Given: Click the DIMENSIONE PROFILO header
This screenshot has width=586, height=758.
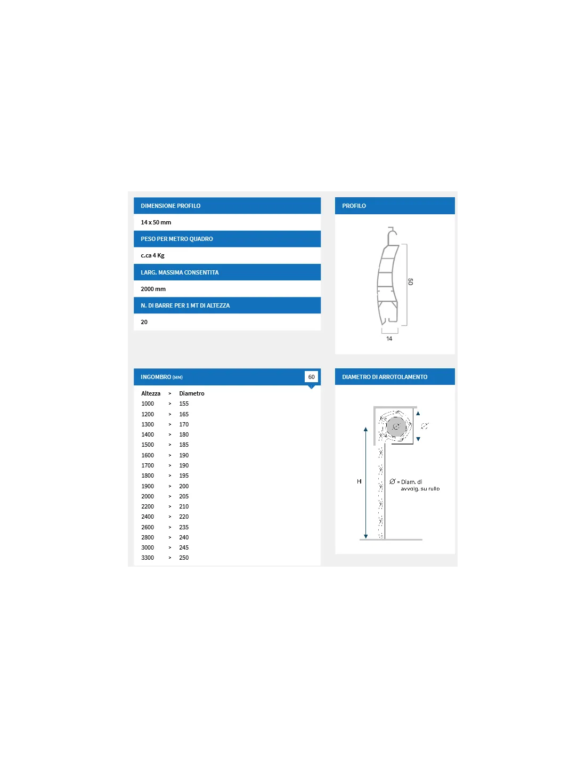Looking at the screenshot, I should (170, 206).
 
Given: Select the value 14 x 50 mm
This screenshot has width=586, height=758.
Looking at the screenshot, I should (156, 222).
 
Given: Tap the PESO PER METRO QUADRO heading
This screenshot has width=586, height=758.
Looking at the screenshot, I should (176, 239).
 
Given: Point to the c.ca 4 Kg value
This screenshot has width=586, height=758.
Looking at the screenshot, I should (152, 255).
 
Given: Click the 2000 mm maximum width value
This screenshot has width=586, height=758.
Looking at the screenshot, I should (153, 289).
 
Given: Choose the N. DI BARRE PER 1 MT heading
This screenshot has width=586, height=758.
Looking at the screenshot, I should (185, 305).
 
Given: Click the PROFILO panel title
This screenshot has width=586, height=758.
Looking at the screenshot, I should (354, 206).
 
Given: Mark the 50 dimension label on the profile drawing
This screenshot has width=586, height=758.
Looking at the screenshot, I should (410, 281).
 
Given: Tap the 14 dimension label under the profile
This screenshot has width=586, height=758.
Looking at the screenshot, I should (389, 338).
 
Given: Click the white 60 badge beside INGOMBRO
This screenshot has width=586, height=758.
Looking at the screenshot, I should (311, 377).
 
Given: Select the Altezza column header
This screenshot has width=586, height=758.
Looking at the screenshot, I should (151, 393).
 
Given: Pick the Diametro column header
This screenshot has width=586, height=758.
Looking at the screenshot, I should (192, 393).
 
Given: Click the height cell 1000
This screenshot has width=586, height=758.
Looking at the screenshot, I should (148, 404).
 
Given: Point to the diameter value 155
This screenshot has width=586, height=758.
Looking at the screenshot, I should (184, 404).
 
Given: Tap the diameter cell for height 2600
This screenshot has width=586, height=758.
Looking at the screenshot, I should (184, 527).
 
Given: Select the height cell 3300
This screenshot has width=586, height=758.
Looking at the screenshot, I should (148, 558).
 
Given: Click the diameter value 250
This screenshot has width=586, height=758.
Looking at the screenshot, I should (184, 558).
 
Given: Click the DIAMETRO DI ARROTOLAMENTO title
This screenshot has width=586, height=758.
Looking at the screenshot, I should (385, 377).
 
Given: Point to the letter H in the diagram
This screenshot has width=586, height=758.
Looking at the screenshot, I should (359, 481).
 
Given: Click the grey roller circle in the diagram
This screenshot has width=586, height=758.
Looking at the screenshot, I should (396, 426).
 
